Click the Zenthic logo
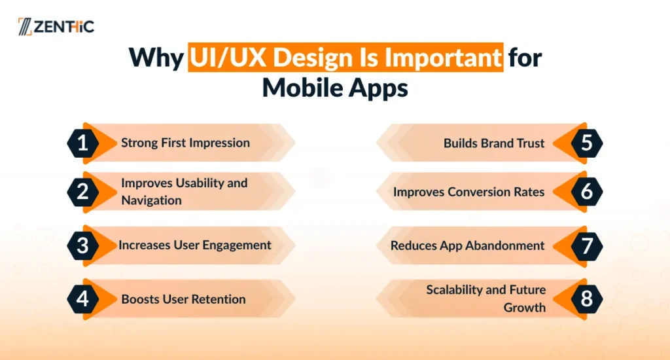(x=56, y=26)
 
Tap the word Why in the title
(x=156, y=58)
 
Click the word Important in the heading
(x=443, y=57)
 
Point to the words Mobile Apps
(x=335, y=88)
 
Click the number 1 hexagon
(x=83, y=143)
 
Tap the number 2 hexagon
(x=83, y=192)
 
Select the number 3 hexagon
(x=83, y=245)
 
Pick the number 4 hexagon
(x=83, y=299)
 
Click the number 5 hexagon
(x=587, y=143)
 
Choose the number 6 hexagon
(x=587, y=192)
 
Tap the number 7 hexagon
(x=587, y=246)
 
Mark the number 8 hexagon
(x=587, y=299)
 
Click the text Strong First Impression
(x=185, y=143)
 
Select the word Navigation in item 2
(x=151, y=200)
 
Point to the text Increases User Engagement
(x=195, y=245)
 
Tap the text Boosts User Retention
(x=183, y=299)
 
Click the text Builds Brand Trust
(x=494, y=143)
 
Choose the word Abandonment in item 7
(x=505, y=245)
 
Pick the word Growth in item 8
(x=524, y=308)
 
